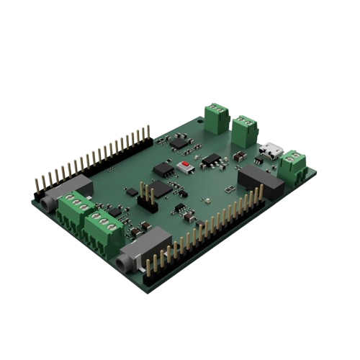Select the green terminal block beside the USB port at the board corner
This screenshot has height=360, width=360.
tap(293, 163)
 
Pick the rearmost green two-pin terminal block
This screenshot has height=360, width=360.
tap(215, 117)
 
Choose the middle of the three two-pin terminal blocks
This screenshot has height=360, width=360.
tap(245, 130)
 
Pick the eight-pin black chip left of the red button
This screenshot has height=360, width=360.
tap(163, 168)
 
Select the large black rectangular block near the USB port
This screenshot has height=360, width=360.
tap(261, 180)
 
